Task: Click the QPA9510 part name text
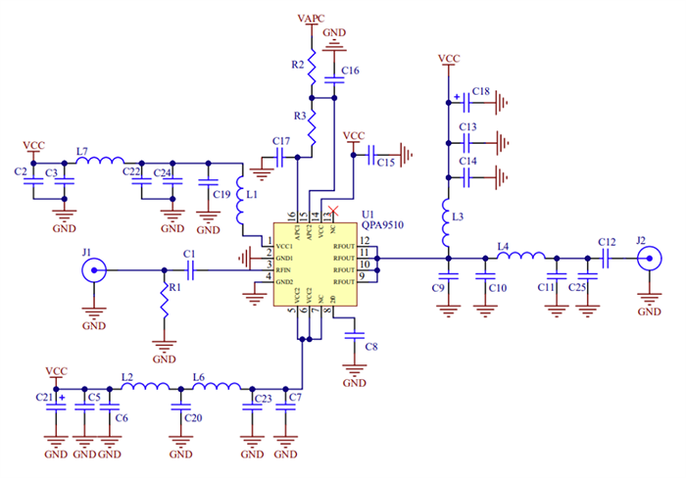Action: click(x=383, y=223)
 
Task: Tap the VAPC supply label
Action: click(x=312, y=19)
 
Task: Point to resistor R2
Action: click(x=312, y=69)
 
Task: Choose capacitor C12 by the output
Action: click(x=607, y=259)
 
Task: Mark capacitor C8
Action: click(x=354, y=335)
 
